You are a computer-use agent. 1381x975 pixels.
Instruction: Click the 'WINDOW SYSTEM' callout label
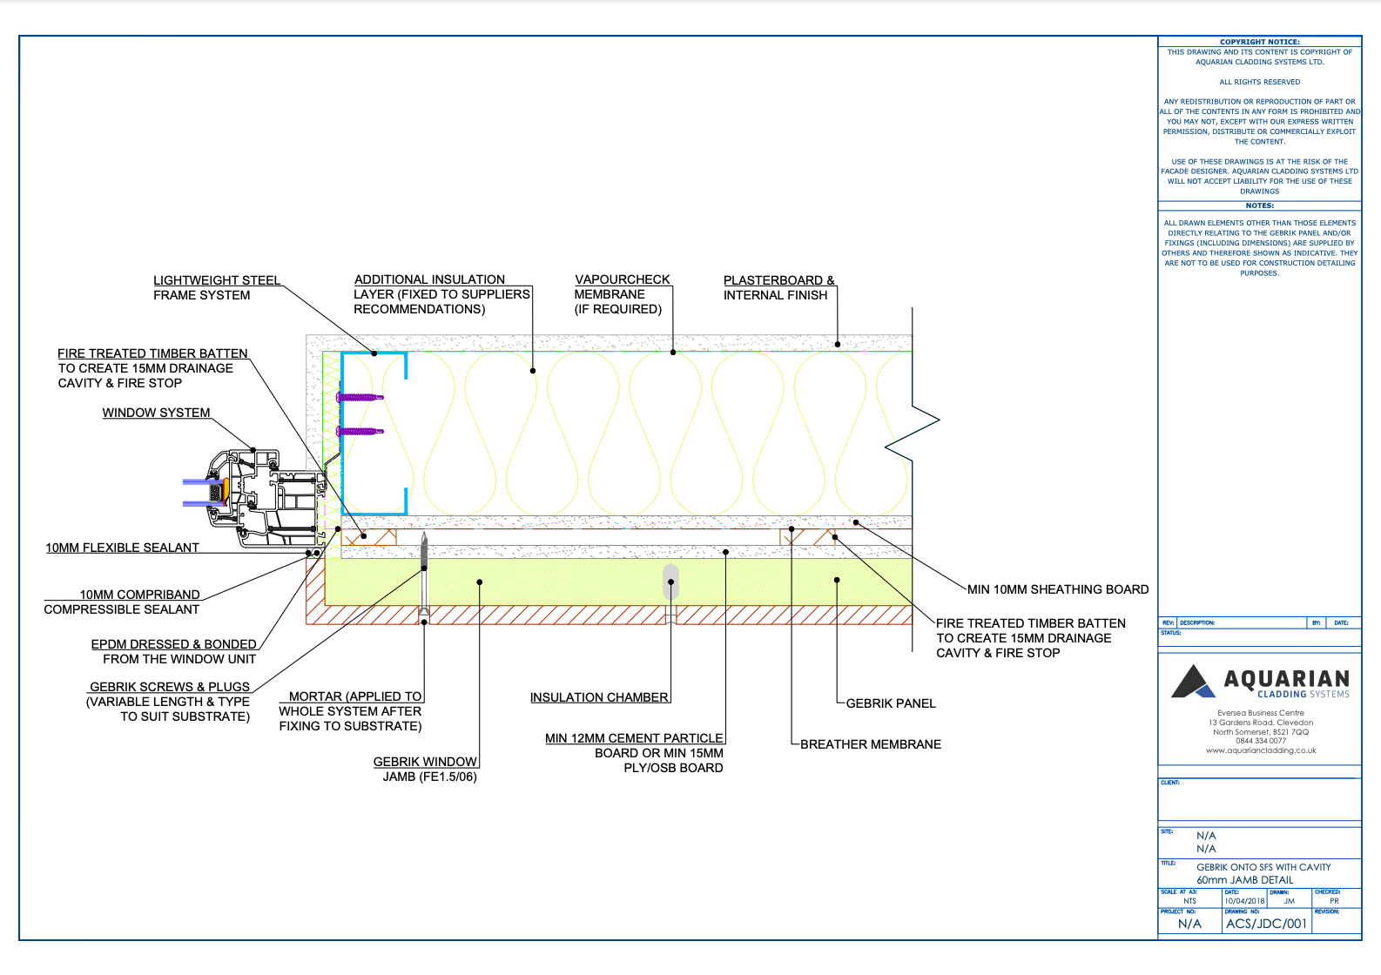click(x=156, y=413)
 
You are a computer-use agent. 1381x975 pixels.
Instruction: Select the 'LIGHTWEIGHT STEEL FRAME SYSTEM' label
click(x=216, y=288)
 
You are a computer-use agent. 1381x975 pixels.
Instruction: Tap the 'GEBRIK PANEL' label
click(x=891, y=703)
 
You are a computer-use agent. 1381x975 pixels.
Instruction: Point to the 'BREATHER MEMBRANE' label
click(x=870, y=744)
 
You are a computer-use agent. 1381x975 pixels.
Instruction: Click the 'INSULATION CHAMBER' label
click(x=599, y=697)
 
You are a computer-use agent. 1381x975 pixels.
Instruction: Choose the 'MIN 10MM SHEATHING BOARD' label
click(x=1058, y=589)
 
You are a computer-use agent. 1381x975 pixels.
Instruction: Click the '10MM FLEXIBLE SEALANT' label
click(x=123, y=548)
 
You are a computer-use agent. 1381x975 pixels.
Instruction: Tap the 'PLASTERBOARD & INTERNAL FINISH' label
click(x=778, y=288)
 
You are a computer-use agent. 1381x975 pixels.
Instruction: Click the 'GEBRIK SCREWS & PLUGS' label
click(x=169, y=702)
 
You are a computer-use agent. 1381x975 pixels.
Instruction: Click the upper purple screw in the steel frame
click(x=360, y=397)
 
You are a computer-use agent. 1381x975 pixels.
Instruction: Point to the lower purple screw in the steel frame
click(x=360, y=431)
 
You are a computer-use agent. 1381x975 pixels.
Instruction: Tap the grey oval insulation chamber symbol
click(x=670, y=582)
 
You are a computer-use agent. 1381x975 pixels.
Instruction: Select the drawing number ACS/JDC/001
click(x=1266, y=924)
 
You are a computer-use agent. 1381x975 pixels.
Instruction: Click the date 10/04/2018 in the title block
click(x=1244, y=901)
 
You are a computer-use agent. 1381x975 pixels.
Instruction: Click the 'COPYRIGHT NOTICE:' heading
click(x=1259, y=42)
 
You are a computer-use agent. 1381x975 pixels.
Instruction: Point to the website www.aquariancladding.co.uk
click(x=1260, y=750)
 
